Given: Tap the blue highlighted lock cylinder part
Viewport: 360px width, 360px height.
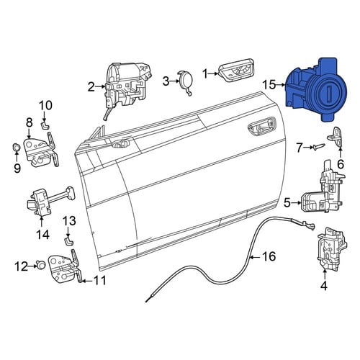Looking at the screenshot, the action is point(316,89).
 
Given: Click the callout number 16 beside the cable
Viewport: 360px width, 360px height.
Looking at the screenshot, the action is point(269,256).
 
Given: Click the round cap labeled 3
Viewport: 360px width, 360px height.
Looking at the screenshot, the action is point(185,81).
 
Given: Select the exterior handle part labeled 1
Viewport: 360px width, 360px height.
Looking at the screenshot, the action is point(236,70).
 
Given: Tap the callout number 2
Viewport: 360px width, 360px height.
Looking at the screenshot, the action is point(91,87).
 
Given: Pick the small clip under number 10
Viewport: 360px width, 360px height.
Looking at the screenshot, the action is point(45,125).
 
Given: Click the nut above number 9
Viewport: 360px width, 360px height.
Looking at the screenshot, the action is point(16,147).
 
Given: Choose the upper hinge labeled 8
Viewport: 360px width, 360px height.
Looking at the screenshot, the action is point(41,150).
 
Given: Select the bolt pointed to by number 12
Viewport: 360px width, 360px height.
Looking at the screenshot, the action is point(41,265).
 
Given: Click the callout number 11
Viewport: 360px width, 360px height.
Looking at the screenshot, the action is point(99,280).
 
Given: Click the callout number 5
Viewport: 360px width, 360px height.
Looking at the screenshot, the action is point(287,202).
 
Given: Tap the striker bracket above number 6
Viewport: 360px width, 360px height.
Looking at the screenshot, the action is point(336,136).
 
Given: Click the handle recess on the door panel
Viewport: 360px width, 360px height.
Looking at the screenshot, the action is point(262,127).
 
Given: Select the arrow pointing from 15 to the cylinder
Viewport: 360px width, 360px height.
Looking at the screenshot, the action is point(280,85).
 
